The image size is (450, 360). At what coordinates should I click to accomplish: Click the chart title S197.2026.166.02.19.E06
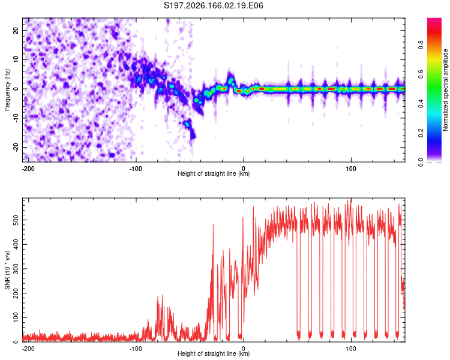click(x=213, y=5)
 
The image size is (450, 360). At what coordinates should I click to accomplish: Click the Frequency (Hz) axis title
click(x=7, y=90)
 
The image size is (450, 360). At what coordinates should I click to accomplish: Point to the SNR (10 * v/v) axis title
click(x=7, y=270)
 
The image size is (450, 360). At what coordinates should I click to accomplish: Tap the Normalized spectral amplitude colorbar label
click(x=445, y=90)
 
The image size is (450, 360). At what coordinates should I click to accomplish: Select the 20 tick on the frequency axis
click(x=16, y=30)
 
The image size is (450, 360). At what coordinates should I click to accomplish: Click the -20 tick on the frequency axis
click(x=16, y=147)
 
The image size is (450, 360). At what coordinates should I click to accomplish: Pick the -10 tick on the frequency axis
click(x=16, y=118)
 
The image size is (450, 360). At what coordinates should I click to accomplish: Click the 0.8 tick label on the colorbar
click(x=421, y=45)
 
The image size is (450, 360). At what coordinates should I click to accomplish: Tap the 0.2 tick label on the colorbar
click(x=421, y=133)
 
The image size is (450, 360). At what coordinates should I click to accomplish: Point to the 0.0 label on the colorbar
click(x=421, y=162)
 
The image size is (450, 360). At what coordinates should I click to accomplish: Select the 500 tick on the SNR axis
click(x=16, y=220)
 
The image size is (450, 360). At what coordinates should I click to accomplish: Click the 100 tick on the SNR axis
click(x=16, y=317)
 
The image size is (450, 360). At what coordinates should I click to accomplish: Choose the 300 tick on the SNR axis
click(x=16, y=269)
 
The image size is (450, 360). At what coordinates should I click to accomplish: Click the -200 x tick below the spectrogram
click(x=28, y=169)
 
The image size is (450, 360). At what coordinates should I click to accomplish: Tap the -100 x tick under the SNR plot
click(x=136, y=349)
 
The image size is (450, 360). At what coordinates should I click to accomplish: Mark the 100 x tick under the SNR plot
click(x=351, y=349)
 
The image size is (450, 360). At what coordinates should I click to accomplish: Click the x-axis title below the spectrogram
click(x=214, y=173)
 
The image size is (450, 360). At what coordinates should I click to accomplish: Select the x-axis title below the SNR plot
click(x=214, y=353)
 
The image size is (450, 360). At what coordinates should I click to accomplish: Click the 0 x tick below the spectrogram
click(x=244, y=169)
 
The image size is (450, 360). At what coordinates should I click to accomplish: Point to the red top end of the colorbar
click(x=434, y=19)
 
